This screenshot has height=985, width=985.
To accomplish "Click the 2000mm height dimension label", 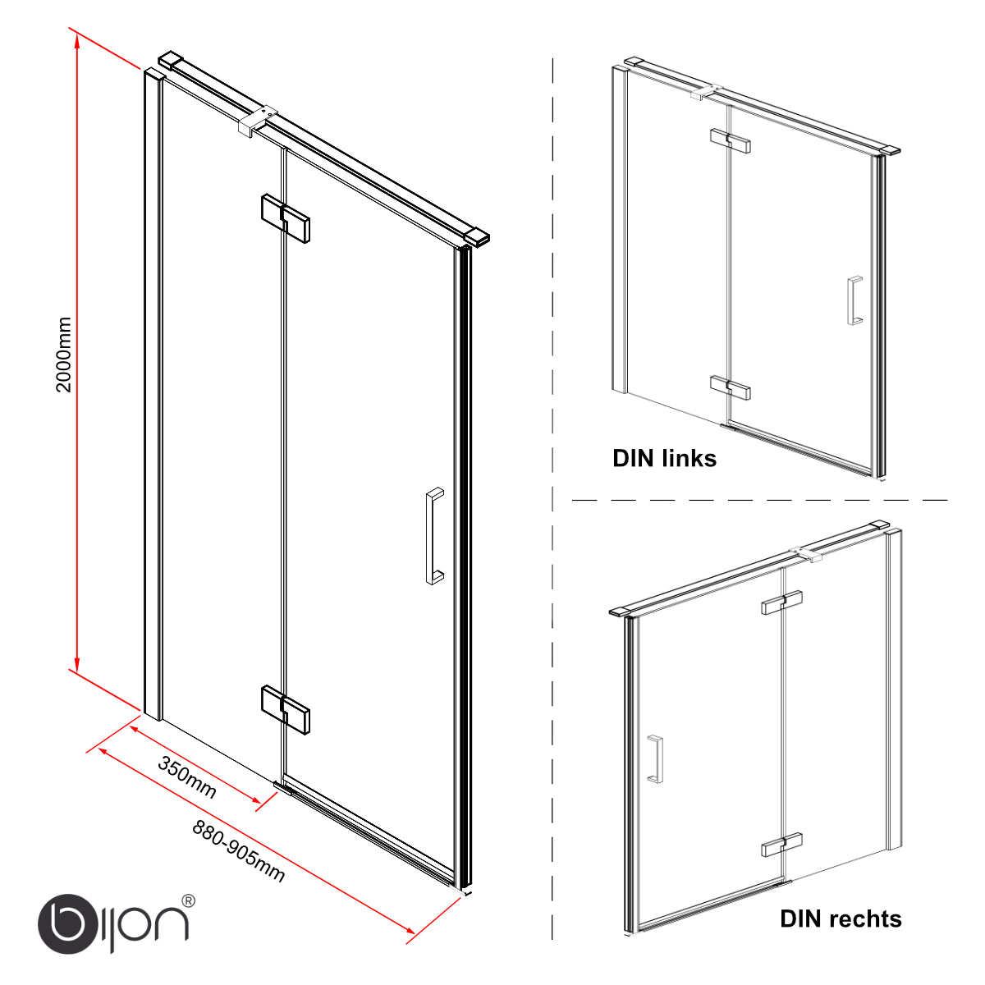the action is click(63, 355).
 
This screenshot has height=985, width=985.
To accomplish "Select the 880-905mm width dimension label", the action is click(239, 851).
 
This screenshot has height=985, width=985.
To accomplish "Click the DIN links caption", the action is click(664, 459).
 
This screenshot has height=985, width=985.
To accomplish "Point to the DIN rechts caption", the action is click(841, 919).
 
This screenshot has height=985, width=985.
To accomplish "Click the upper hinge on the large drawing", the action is click(285, 218).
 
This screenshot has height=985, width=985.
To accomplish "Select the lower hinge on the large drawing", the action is click(285, 709).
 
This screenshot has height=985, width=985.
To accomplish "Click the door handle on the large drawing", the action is click(434, 536).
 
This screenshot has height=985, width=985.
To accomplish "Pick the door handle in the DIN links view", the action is click(854, 300).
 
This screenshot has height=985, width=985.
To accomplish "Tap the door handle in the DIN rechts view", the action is click(655, 759).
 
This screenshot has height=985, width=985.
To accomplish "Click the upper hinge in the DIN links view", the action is click(731, 140).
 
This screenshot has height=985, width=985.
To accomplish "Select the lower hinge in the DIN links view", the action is click(731, 387).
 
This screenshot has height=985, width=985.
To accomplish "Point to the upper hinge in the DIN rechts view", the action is click(782, 602).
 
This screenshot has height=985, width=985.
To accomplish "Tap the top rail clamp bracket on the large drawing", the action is click(258, 122).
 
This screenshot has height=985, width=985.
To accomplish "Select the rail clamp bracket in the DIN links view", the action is click(707, 92).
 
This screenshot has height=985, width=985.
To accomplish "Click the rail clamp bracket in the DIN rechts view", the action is click(805, 553).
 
